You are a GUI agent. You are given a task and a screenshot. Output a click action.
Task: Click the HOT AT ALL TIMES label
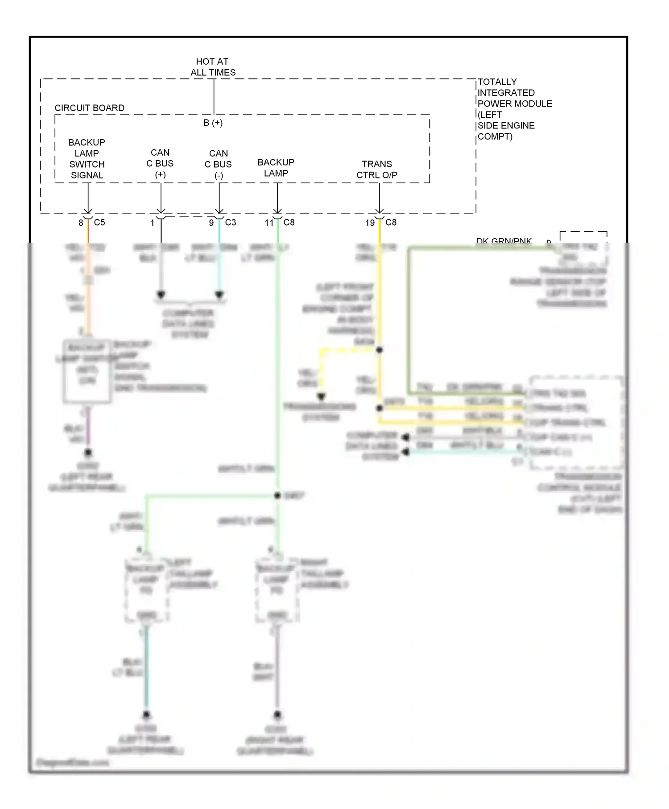tap(213, 67)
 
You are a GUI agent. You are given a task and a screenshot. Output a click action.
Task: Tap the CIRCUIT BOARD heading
tap(89, 108)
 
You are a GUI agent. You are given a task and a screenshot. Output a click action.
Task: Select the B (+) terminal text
tap(213, 123)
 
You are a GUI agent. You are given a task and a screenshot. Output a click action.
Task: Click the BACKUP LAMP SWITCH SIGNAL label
tap(87, 159)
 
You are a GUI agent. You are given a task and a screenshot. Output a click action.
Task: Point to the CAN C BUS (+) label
tap(160, 164)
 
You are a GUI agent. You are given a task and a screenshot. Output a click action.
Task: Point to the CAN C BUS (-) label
tap(218, 165)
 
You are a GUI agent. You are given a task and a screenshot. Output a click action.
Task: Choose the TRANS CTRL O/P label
tap(377, 169)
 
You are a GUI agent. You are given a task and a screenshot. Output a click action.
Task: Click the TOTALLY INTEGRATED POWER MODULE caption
tap(514, 109)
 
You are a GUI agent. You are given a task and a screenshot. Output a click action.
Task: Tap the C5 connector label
tap(99, 222)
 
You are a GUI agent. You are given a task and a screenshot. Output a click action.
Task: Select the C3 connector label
tap(231, 222)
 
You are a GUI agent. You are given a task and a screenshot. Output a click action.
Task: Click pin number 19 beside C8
tap(370, 223)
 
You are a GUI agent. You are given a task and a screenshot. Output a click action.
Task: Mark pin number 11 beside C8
tap(269, 223)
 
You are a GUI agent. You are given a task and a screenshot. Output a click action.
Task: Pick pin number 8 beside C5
tap(81, 223)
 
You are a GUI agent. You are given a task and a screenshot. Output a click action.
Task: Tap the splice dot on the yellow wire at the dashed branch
tap(379, 350)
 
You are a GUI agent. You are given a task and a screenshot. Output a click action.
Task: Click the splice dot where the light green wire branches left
tap(277, 495)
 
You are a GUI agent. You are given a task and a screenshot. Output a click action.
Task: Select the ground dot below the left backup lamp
tap(146, 714)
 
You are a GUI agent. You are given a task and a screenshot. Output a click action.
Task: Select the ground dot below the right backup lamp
tap(277, 714)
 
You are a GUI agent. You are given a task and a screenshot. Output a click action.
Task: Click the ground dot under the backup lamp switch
tap(88, 453)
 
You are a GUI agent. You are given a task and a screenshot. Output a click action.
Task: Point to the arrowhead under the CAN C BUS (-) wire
tap(219, 295)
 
